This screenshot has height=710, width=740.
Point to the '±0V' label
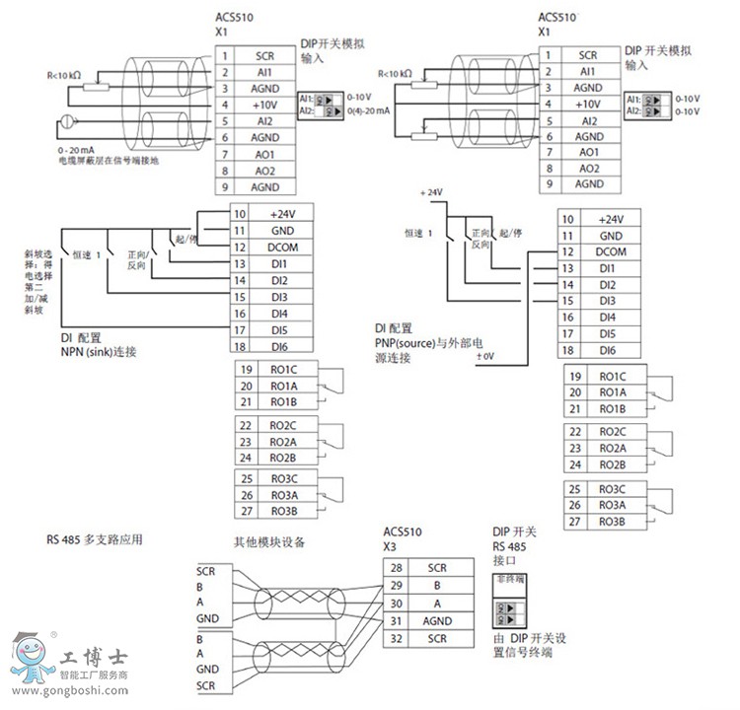click(485, 356)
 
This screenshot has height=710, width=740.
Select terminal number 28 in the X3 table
click(396, 568)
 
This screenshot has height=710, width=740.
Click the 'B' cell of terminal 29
click(436, 586)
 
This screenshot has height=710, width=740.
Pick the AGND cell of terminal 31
click(436, 621)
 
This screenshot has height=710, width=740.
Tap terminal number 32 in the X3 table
click(396, 639)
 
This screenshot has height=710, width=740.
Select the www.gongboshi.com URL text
click(67, 692)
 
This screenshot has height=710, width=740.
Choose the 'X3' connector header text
click(389, 545)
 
